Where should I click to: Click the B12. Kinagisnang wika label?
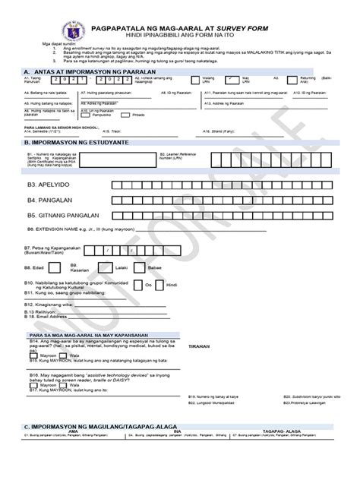pos(49,302)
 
